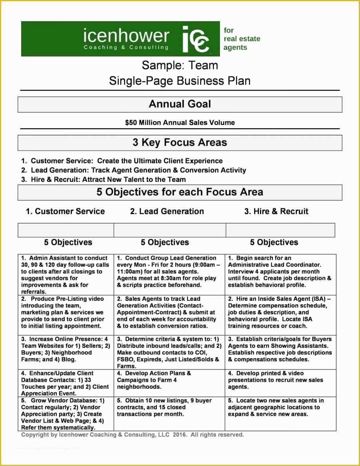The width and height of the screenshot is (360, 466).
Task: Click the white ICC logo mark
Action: pos(196,39)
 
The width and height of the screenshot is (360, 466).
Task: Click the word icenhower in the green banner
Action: pos(126,36)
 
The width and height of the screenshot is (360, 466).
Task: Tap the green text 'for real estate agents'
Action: pos(242,39)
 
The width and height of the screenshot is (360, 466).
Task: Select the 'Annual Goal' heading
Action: pos(180,104)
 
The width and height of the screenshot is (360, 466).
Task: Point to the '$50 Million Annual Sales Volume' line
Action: pos(180,123)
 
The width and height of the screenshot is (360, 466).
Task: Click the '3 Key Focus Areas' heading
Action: pos(180,143)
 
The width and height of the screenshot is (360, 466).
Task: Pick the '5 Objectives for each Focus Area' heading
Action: pos(180,192)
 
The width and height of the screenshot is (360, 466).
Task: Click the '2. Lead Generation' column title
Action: pos(167,211)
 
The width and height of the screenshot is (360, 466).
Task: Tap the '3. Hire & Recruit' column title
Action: pos(276,211)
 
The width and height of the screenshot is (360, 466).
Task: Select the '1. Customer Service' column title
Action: pos(65,211)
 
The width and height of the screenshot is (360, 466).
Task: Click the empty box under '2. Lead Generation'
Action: pos(169,230)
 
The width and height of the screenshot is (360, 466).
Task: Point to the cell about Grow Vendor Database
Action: pos(65,413)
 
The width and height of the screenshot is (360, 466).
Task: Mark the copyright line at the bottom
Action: pos(132,435)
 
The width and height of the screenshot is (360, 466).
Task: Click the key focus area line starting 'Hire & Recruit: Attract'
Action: pos(104,180)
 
